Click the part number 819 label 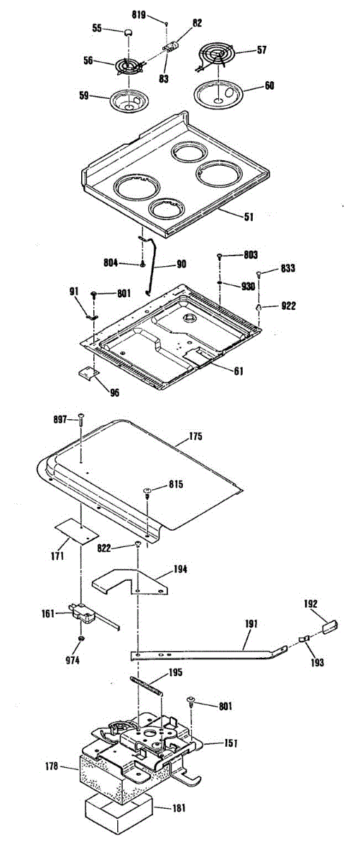point(139,15)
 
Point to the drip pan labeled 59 point(129,100)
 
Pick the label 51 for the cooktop point(248,217)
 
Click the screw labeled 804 point(143,263)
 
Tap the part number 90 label point(181,263)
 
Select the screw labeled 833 point(259,272)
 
